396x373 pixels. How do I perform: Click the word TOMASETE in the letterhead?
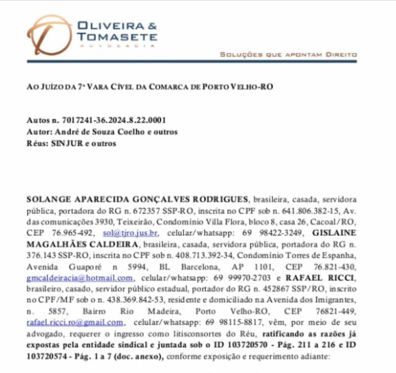coord(117,37)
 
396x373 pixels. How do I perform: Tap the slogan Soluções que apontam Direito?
coord(288,55)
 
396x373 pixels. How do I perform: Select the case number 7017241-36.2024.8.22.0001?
coord(114,120)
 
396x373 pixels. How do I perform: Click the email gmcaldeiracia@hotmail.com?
coord(80,278)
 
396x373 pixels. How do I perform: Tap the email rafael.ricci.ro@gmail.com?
coord(75,322)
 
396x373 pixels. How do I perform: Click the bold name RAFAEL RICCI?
coord(320,278)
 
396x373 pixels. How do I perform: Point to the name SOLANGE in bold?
coord(48,199)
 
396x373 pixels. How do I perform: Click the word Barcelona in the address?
coord(199,266)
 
